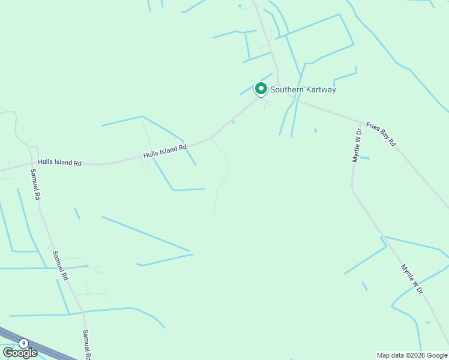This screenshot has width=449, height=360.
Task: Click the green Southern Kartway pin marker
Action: tap(261, 89)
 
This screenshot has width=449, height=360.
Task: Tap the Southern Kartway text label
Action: tap(303, 90)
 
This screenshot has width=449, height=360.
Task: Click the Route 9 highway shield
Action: tap(23, 343)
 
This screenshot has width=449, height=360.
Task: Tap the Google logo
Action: tap(19, 353)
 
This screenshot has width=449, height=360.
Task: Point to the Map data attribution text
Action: tap(412, 355)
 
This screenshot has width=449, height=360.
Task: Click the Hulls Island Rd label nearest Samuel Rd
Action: tap(59, 163)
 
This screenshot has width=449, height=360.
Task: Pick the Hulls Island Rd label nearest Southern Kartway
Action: tap(165, 151)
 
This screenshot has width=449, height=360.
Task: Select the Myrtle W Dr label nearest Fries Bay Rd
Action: tap(357, 145)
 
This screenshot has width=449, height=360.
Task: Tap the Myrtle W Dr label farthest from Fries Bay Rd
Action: tap(412, 279)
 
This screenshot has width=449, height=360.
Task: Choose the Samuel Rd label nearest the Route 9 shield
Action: tap(87, 344)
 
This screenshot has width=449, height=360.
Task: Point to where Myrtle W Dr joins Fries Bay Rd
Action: tap(360, 121)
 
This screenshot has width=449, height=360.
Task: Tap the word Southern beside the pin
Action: tap(286, 90)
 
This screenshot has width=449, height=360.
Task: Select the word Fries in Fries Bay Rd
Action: tap(372, 127)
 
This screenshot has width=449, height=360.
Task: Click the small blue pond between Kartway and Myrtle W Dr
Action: tap(315, 130)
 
